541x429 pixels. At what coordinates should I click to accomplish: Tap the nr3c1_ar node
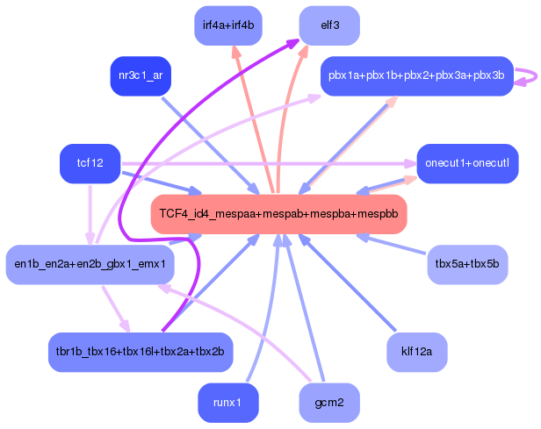pyautogui.click(x=140, y=75)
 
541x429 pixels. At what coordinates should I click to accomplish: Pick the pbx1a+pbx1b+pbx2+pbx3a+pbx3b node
pyautogui.click(x=416, y=76)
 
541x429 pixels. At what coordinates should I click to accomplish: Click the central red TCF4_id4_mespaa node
pyautogui.click(x=278, y=213)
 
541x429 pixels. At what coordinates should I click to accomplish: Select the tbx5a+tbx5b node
pyautogui.click(x=467, y=263)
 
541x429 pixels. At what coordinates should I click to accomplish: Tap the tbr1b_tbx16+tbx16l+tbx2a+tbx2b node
pyautogui.click(x=140, y=351)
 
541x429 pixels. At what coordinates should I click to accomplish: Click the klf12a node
pyautogui.click(x=417, y=351)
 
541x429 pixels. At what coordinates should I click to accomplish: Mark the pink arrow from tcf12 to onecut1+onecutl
pyautogui.click(x=263, y=164)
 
